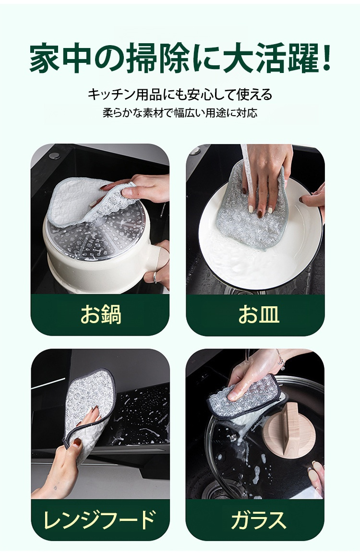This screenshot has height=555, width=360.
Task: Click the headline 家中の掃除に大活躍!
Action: (x=180, y=58)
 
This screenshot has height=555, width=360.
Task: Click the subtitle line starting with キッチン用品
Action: (x=180, y=95)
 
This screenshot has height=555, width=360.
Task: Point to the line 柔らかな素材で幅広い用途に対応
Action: (x=180, y=113)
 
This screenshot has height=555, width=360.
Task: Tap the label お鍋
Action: (x=101, y=314)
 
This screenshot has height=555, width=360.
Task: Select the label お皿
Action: (x=259, y=314)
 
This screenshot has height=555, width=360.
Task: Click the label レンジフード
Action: (x=100, y=519)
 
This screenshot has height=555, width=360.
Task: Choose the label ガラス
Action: (x=258, y=519)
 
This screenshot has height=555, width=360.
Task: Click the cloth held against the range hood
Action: (x=90, y=410)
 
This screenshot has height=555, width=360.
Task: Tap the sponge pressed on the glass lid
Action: (x=244, y=398)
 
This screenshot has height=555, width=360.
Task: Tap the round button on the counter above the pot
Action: (x=54, y=155)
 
